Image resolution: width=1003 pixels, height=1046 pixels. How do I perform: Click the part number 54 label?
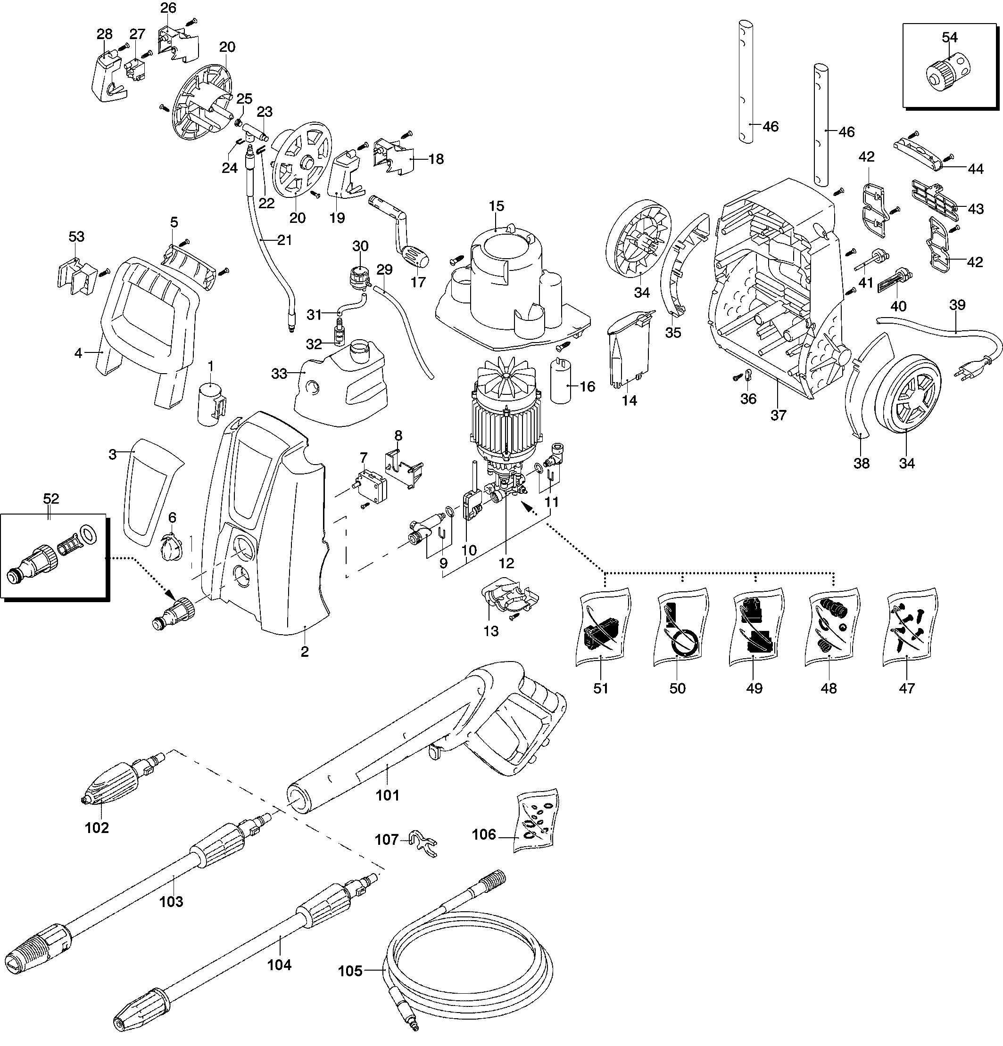pos(949,37)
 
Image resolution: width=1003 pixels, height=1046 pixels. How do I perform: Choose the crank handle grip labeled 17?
pos(415,259)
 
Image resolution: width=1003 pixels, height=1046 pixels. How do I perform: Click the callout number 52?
pos(51,498)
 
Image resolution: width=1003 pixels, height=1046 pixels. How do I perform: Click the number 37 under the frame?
pos(778,415)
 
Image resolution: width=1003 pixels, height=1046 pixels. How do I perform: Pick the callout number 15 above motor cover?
pos(496,205)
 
